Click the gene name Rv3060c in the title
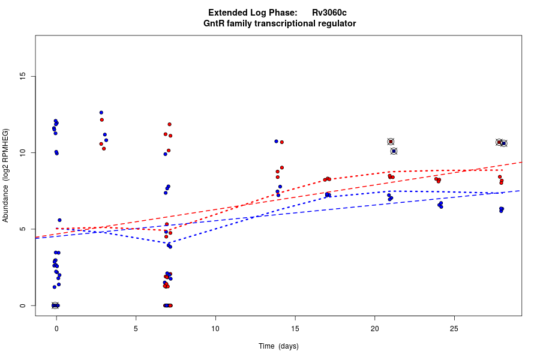pos(329,13)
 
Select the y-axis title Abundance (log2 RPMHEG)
pos(5,175)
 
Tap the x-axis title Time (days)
pos(278,346)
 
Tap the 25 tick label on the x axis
pos(454,328)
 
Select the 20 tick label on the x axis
pos(374,328)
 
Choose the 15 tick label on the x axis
pos(295,328)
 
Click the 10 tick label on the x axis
pos(215,328)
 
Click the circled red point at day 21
pos(391,142)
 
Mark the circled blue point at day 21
pos(394,151)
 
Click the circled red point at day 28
pos(499,142)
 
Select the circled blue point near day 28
pos(504,143)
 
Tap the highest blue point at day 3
pos(101,112)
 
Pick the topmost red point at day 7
pos(170,124)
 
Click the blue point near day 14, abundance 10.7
pos(277,141)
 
